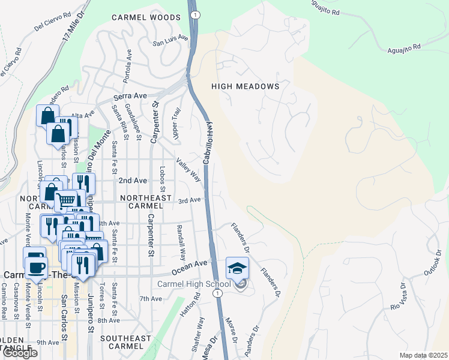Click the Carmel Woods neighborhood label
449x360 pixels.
[x=146, y=18]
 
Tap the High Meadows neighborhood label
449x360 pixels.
[x=246, y=86]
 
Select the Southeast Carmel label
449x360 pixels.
[x=125, y=338]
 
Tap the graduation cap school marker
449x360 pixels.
[x=237, y=267]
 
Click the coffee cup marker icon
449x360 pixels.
[x=35, y=265]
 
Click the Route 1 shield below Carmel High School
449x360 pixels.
[x=220, y=292]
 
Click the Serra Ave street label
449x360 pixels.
[x=131, y=96]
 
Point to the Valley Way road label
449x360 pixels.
[x=188, y=170]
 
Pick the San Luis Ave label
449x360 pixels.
[x=170, y=43]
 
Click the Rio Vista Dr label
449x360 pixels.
[x=403, y=298]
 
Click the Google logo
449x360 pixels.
[x=19, y=353]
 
